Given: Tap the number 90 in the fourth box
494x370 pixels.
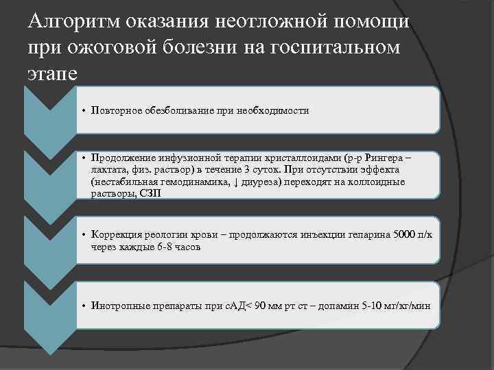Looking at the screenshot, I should [x=257, y=306].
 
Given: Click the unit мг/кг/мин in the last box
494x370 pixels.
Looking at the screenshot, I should [x=408, y=306].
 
